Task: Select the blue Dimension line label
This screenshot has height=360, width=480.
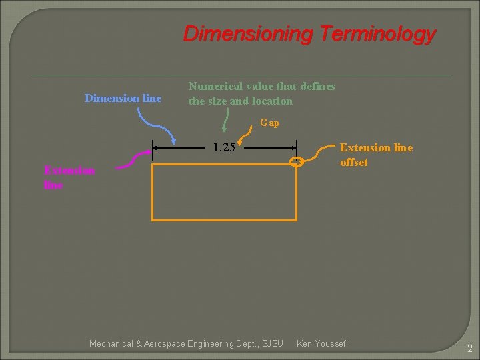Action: click(x=123, y=98)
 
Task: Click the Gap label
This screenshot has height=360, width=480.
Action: click(x=269, y=123)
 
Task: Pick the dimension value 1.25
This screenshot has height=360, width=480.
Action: click(x=224, y=147)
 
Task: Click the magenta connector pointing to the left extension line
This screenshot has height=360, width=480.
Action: click(x=134, y=160)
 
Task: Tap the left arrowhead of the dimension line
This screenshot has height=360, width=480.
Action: click(x=157, y=148)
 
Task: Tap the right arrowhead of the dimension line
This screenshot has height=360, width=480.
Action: click(x=293, y=148)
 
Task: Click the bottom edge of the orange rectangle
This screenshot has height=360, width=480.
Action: click(x=224, y=219)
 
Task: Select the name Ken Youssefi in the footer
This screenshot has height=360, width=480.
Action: click(x=321, y=343)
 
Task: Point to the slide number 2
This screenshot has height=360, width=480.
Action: click(x=469, y=348)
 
